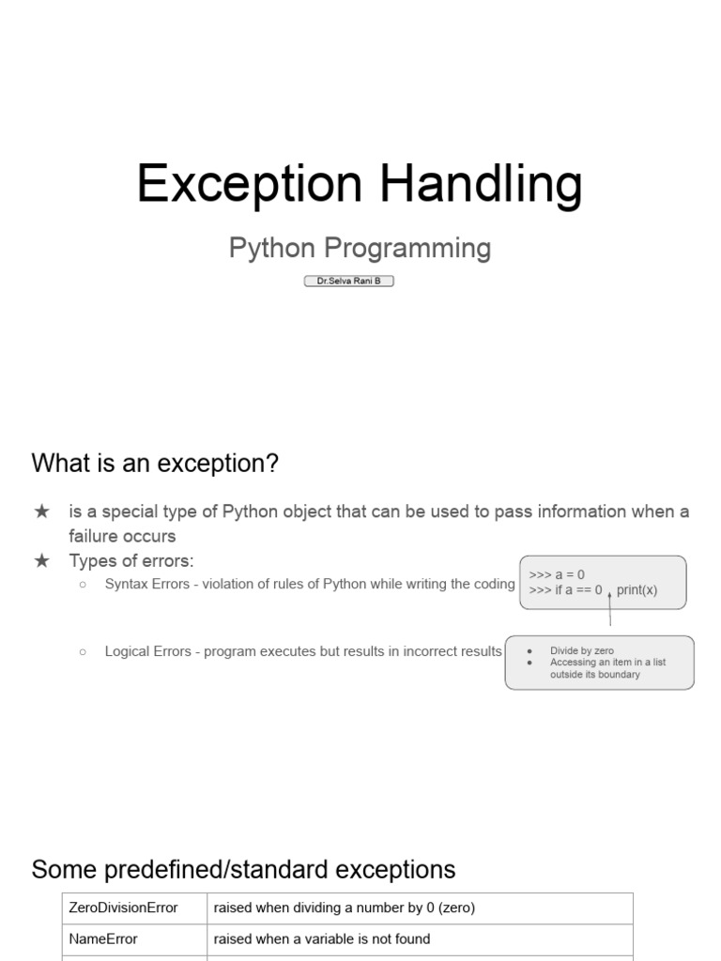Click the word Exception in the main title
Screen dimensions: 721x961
click(x=249, y=184)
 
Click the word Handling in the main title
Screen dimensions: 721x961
click(x=482, y=184)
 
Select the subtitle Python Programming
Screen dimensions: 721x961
click(x=360, y=249)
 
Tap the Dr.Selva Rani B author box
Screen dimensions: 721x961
click(x=349, y=281)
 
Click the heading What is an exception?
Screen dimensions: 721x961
click(x=155, y=463)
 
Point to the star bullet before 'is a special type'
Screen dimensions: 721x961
click(x=41, y=511)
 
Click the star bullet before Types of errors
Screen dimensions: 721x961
click(x=41, y=560)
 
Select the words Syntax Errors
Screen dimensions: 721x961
click(x=147, y=584)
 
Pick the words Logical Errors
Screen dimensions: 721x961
click(x=147, y=651)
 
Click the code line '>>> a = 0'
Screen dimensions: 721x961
click(x=557, y=575)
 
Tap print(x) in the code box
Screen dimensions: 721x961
click(x=637, y=590)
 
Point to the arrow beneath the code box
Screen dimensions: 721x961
click(x=610, y=608)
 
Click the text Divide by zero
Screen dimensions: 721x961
click(x=582, y=651)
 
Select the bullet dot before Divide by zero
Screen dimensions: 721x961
click(x=529, y=651)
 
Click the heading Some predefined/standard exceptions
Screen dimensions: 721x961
click(x=243, y=870)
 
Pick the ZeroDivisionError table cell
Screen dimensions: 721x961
click(x=135, y=908)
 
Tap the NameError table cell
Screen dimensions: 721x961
click(x=135, y=939)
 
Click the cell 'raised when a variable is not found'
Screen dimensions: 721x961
click(x=420, y=939)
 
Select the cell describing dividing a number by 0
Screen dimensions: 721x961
click(x=420, y=908)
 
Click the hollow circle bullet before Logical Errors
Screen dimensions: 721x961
click(x=83, y=651)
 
